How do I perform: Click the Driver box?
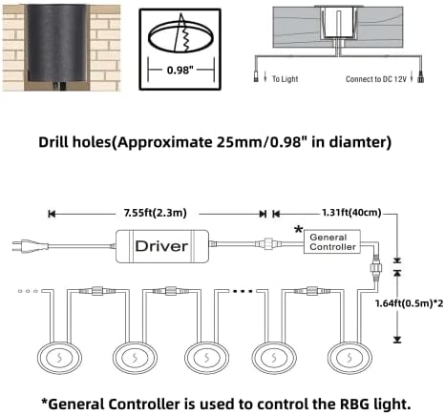tap(162, 246)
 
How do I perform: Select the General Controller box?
tap(332, 241)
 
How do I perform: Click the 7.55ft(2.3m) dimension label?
tap(156, 213)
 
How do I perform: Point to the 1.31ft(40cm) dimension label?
tap(351, 213)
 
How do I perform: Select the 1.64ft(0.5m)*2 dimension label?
tap(410, 303)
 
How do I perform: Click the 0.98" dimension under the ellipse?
tap(180, 70)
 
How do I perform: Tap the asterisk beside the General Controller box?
tap(298, 229)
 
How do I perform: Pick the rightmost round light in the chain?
tap(350, 358)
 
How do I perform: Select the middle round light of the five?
tap(206, 358)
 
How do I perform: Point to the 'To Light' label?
tap(285, 79)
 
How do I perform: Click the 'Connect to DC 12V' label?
tap(376, 79)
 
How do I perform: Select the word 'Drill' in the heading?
tap(53, 142)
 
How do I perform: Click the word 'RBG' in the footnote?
tap(354, 405)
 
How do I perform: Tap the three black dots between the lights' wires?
tap(243, 291)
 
